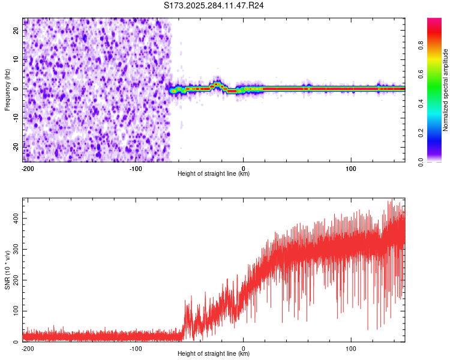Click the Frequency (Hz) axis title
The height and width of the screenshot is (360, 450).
click(7, 90)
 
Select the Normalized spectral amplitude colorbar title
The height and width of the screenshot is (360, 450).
click(446, 90)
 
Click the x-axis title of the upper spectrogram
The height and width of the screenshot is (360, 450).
click(214, 173)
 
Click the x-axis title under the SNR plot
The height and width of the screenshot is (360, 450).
click(214, 353)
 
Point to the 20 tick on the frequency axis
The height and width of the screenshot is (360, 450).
click(17, 32)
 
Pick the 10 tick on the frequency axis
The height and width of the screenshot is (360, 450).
click(17, 60)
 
